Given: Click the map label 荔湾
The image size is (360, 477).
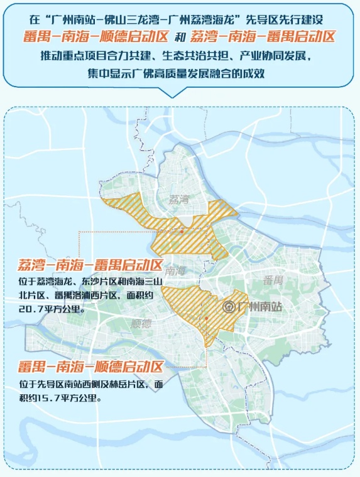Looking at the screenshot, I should point(179,200).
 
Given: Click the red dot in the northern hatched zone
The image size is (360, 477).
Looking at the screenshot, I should point(182,232).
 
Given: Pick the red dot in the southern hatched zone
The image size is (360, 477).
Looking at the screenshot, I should point(205,319).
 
